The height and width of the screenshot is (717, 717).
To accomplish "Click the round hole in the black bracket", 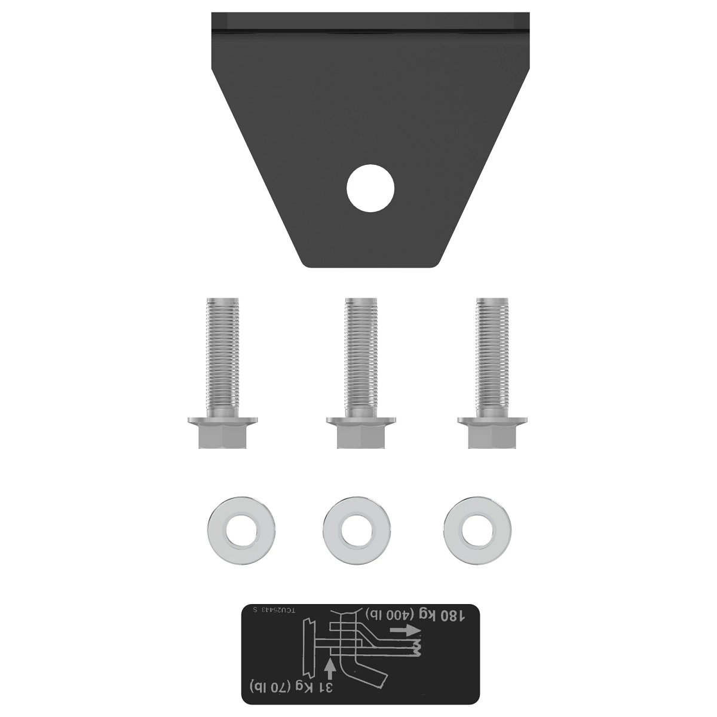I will [x=370, y=188].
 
